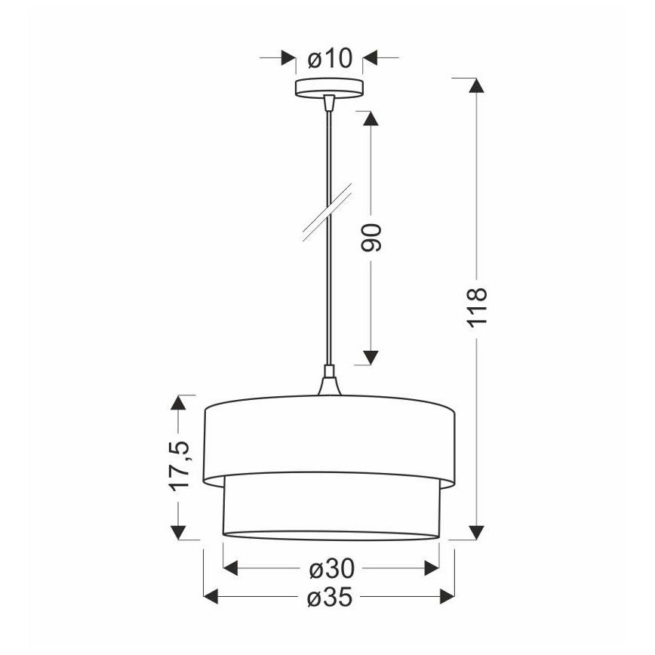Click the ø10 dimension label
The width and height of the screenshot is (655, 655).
click(329, 57)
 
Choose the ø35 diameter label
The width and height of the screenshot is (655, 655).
click(329, 598)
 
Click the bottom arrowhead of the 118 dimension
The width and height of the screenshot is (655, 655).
click(475, 533)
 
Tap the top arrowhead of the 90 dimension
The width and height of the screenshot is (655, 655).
click(370, 118)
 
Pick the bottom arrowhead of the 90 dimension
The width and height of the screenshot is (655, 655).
click(370, 357)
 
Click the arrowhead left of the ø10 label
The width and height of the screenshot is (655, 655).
click(288, 57)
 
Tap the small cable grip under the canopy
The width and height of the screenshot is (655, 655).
click(328, 101)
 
